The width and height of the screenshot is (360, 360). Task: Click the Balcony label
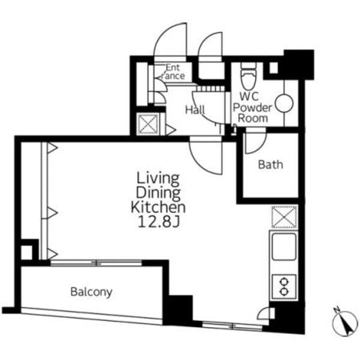[91, 292]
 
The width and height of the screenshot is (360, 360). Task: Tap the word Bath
[271, 165]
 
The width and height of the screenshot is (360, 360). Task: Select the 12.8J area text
[158, 222]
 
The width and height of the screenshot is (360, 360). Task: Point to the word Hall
[195, 110]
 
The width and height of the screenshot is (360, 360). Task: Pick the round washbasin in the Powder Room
[284, 104]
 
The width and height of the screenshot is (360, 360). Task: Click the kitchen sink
[284, 247]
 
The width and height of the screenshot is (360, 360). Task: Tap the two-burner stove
[284, 287]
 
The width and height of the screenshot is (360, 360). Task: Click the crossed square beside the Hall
[148, 124]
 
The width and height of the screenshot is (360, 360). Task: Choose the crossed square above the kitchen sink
[284, 217]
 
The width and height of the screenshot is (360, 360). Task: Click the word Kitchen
[158, 208]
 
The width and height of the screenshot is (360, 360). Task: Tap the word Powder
[253, 107]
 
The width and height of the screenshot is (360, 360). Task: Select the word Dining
[158, 193]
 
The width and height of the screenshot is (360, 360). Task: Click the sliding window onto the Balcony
[96, 263]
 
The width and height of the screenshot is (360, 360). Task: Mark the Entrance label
[173, 72]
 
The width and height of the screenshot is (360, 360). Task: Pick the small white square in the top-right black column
[274, 68]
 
